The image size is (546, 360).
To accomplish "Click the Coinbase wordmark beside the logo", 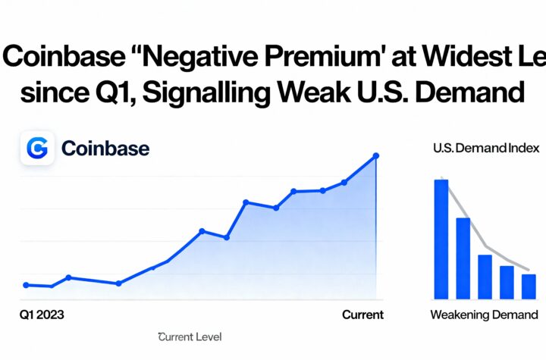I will click(x=105, y=148).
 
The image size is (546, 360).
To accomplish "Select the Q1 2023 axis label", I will click(x=42, y=314).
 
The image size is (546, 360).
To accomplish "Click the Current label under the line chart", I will click(x=362, y=314).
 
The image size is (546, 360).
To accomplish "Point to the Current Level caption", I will click(x=190, y=337).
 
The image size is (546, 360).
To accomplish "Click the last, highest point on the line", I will click(x=377, y=156).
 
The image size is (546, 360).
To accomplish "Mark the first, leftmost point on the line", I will click(x=26, y=285).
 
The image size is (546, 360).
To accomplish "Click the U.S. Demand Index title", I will click(x=485, y=149).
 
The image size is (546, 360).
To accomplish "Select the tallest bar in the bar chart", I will click(x=441, y=239).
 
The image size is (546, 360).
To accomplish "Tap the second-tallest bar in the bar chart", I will click(x=463, y=258).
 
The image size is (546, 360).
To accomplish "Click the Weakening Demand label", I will click(x=485, y=315).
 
